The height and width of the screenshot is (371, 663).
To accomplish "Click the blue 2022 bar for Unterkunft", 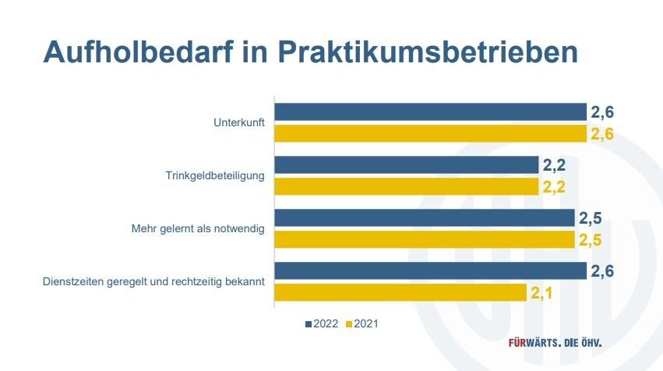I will pos(430,111).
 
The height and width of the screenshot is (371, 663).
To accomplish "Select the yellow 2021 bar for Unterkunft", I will pos(430,133).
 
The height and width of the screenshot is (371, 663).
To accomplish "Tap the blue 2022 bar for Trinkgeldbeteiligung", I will pos(406,164).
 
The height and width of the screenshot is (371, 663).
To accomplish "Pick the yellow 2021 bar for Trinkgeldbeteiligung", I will pos(406,186).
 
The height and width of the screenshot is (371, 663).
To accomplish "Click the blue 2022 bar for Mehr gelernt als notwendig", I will pos(425,217).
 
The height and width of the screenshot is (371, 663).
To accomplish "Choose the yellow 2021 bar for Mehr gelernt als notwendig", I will pos(425,239).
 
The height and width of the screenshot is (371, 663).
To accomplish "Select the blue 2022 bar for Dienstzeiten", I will pos(430,270).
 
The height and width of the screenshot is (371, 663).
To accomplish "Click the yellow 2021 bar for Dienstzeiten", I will pos(400,292).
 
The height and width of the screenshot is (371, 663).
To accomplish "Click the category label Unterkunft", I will pos(239,122).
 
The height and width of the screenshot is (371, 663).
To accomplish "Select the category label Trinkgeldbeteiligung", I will pos(215,175).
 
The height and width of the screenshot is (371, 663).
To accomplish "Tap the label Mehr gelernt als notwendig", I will pos(198,228).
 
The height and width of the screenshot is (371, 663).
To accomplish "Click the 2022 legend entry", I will pos(322,323).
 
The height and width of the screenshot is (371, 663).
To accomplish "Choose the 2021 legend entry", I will pos(364,323).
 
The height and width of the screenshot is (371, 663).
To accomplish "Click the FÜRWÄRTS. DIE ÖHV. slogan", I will pos(555,343).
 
